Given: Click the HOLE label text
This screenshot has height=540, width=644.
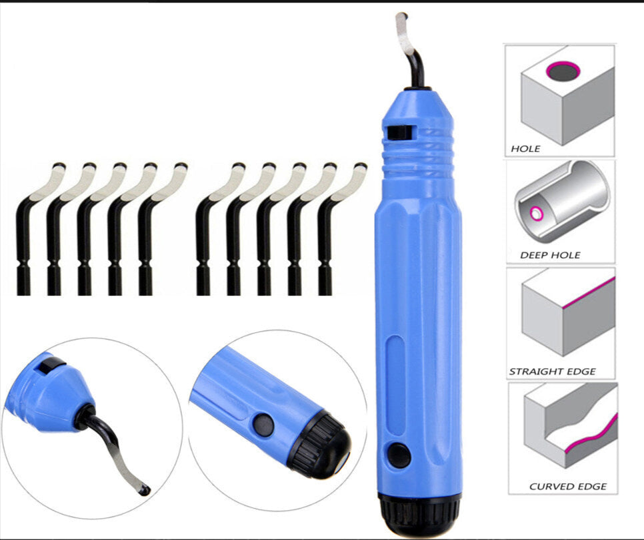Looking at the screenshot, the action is coord(525,148).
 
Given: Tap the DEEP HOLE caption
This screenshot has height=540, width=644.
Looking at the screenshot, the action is coord(550,255).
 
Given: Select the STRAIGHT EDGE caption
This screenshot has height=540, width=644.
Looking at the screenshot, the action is coord(553,372).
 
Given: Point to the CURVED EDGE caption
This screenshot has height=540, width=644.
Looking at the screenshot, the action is coord(567,487).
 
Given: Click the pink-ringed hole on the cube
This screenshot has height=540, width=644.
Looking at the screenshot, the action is coord(563,71).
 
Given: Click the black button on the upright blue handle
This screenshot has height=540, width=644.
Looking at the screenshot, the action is coord(399,455).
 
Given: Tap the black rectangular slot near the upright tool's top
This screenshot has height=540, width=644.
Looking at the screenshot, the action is coord(399,133).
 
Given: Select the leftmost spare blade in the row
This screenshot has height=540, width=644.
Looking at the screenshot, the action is coord(37,229).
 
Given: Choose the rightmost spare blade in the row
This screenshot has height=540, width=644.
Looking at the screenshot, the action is coord(342,229).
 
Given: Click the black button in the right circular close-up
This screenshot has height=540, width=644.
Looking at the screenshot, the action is coord(263,425).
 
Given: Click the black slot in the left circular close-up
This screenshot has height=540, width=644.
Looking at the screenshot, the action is coord(51,365).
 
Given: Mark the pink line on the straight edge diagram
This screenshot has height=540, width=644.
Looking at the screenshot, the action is coord(589,292).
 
